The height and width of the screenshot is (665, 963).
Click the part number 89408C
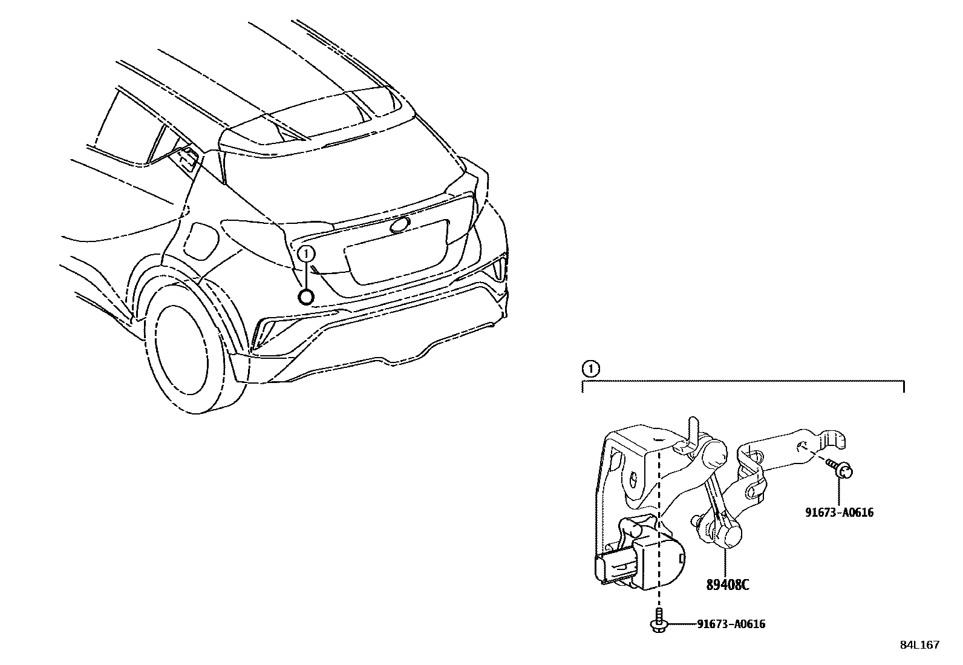728,585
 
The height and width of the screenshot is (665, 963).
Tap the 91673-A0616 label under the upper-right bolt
839,513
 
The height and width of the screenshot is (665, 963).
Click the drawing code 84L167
919,645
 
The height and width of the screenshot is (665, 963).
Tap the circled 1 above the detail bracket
590,369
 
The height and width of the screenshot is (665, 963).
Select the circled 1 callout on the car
307,253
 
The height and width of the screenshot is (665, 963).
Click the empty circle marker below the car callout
307,296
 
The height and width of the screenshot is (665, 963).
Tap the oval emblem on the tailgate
400,225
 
